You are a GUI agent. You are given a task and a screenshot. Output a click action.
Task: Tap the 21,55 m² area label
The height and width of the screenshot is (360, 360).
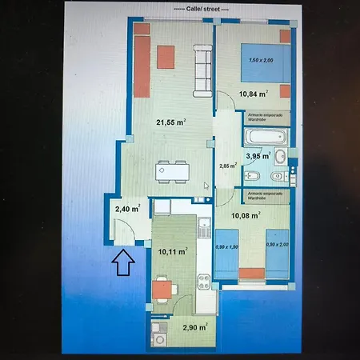[170, 122]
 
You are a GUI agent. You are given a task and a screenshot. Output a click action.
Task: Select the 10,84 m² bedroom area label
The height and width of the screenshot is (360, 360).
[251, 94]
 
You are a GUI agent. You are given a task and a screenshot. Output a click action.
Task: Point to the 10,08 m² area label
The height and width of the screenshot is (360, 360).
[246, 215]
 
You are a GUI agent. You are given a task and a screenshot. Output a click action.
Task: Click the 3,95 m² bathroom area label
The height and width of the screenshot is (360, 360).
[256, 156]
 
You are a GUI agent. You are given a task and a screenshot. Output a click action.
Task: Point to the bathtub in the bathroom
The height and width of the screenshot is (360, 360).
[265, 137]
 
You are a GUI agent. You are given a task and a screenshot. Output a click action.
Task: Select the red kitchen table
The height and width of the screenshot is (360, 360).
[163, 286]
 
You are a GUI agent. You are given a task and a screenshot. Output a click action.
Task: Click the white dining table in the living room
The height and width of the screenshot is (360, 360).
[173, 170]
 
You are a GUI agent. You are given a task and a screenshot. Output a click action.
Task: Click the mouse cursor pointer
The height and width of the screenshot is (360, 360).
[206, 186]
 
